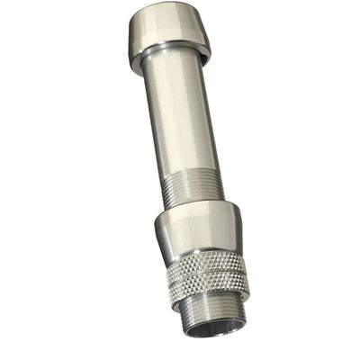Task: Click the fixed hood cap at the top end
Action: tap(168, 34)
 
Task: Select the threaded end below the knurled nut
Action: tap(216, 310)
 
